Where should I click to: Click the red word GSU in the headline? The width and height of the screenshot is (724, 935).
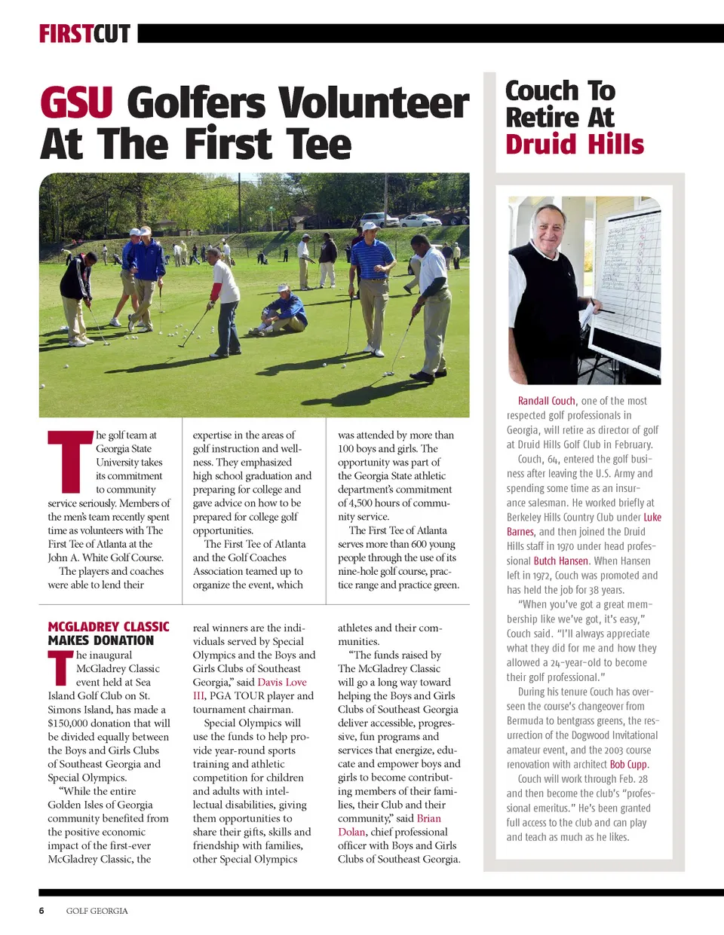coord(76,102)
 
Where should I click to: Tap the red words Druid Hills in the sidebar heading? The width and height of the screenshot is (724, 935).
coord(575,144)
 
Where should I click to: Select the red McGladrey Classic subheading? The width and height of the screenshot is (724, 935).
coord(108,627)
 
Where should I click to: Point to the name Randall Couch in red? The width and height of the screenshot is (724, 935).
coord(546,401)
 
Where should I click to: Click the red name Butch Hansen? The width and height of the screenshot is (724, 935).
coord(560,561)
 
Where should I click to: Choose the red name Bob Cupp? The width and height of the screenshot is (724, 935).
coord(628,764)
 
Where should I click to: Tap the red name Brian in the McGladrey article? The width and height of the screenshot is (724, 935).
coord(428,818)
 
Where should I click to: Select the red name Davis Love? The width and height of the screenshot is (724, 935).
coord(282,682)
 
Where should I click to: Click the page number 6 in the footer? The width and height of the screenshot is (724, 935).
coord(41,910)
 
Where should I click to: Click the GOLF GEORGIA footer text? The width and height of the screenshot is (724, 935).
coord(97,911)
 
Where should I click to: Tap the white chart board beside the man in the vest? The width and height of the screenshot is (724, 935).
coord(624,279)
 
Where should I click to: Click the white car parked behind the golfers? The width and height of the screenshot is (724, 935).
coord(419,220)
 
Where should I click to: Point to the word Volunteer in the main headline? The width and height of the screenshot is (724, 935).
coord(373,102)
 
